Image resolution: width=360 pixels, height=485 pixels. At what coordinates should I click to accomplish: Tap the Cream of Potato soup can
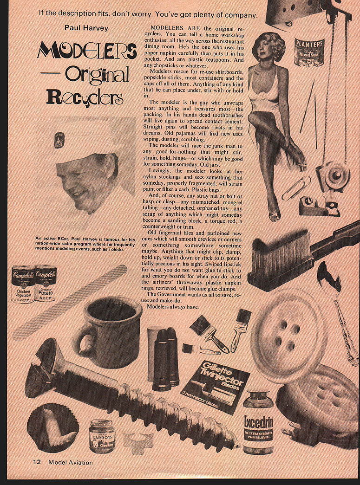(x=45, y=283)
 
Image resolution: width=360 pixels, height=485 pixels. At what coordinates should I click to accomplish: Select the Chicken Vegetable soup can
(x=23, y=284)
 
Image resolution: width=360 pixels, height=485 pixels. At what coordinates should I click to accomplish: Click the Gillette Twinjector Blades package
(x=216, y=387)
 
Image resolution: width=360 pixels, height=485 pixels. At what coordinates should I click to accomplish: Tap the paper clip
(x=296, y=188)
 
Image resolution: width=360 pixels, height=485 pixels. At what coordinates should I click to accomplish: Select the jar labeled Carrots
(x=102, y=435)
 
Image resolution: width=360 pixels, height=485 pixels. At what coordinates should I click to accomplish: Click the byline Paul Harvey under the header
(x=86, y=28)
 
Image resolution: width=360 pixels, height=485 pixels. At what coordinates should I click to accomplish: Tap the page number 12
(x=37, y=462)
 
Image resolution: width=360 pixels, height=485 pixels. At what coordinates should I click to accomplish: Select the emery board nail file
(x=69, y=303)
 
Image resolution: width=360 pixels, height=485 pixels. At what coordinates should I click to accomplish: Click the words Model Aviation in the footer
(x=70, y=462)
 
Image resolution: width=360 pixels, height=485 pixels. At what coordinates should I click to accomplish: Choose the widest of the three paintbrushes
(x=208, y=332)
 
